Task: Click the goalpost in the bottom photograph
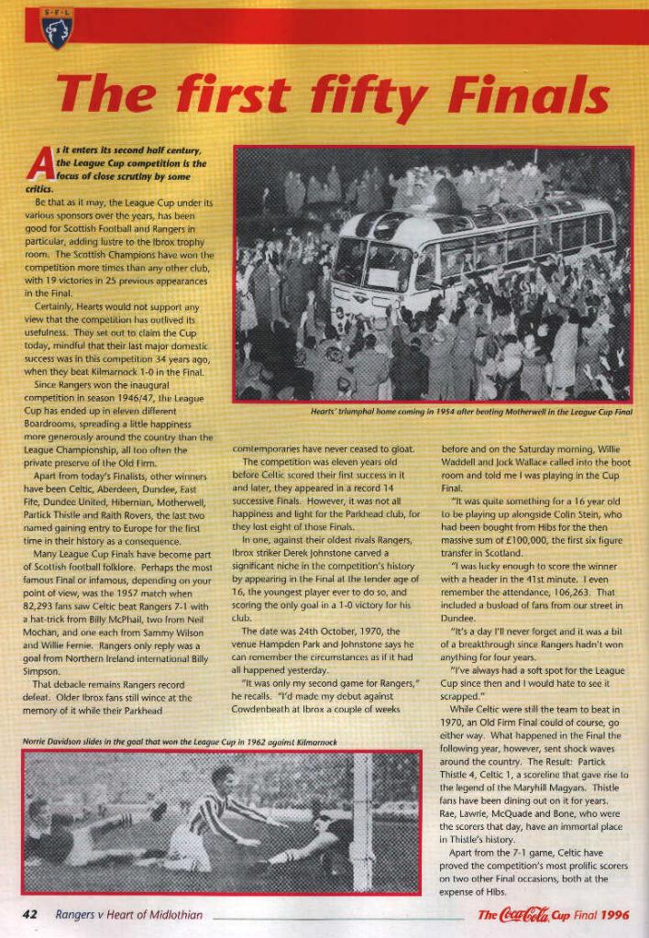pos(362,807)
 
